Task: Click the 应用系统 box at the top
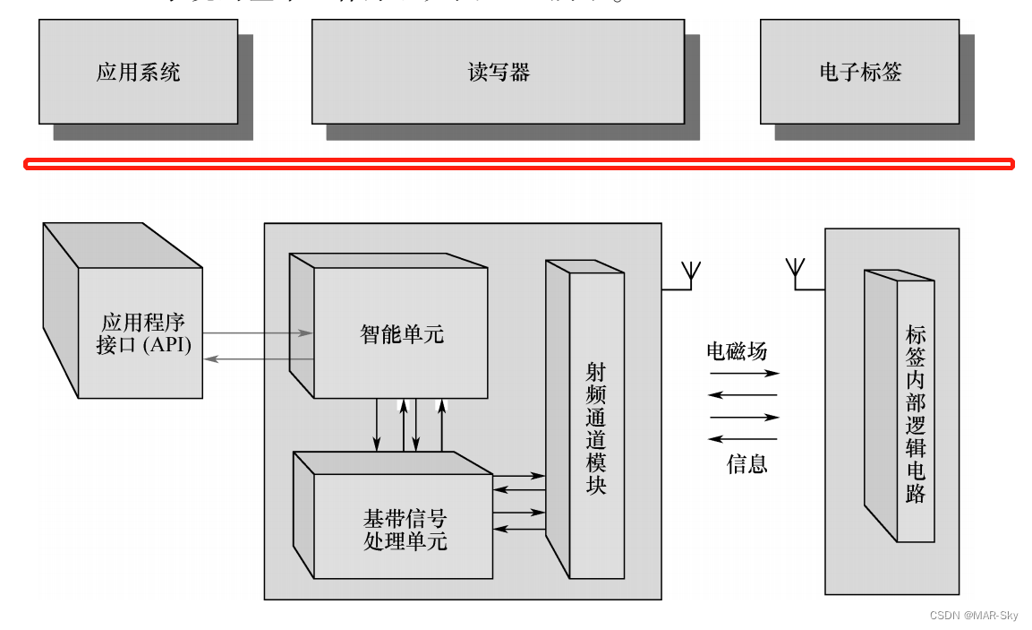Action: [138, 72]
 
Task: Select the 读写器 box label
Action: [499, 72]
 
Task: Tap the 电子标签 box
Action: [860, 72]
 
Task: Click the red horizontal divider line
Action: [518, 164]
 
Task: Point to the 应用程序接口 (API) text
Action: [143, 333]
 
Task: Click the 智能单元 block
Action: [402, 334]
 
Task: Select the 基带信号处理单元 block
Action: [405, 530]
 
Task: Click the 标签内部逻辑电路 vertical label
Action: [915, 413]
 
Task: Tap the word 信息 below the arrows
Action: [746, 463]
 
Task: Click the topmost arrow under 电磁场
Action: [744, 373]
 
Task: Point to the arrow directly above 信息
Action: [743, 438]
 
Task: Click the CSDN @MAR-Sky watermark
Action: [973, 616]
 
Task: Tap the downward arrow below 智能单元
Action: [377, 425]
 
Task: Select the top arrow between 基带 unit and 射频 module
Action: [519, 475]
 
